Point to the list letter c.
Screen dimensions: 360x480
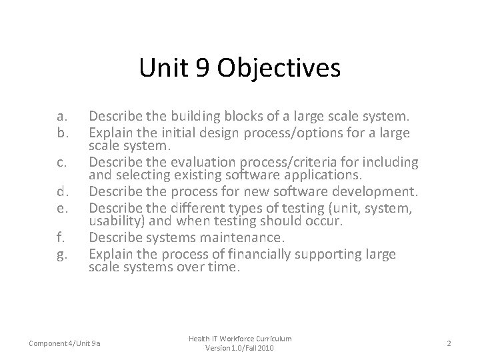63,162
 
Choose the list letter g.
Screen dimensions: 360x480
63,253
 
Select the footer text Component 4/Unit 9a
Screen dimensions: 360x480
66,343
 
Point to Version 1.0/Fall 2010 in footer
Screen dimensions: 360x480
239,349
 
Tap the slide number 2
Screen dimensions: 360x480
449,343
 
